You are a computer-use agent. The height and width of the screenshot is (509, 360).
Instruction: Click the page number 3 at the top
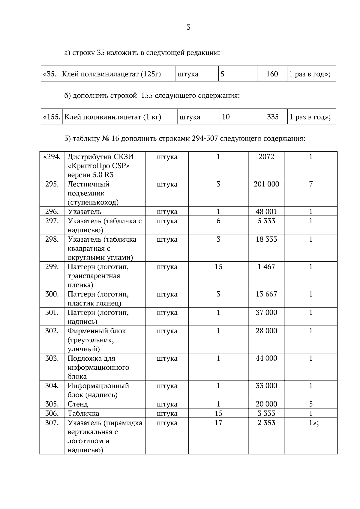coord(188,28)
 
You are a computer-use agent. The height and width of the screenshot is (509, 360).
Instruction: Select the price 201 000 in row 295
coord(266,184)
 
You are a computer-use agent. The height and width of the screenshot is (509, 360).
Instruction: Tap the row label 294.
coord(52,157)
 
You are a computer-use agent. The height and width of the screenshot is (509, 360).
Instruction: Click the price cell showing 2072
coord(266,157)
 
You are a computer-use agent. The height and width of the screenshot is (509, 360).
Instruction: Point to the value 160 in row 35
coord(272,74)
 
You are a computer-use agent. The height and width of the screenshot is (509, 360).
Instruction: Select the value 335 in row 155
coord(273,117)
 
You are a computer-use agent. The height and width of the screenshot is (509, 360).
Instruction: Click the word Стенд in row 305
coord(78,404)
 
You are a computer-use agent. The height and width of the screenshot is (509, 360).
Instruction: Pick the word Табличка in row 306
coord(83,413)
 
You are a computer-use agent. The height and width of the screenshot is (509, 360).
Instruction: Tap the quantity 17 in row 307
coord(218,423)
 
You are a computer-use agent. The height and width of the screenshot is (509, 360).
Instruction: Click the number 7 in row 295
coord(311,184)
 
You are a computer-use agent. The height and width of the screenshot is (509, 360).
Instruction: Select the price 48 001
coord(266,212)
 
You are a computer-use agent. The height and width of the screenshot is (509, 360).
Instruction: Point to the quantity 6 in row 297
coord(218,221)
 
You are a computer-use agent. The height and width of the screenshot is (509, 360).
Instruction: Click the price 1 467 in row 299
coord(266,267)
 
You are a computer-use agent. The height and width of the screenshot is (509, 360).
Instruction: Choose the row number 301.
coord(52,313)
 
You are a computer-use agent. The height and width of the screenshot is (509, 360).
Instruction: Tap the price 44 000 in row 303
coord(266,359)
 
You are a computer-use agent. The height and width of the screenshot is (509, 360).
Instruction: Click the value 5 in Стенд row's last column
coord(311,404)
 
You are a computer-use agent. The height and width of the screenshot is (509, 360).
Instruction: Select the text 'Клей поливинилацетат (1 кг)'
coord(113,117)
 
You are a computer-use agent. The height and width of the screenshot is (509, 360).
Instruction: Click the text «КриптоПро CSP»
coord(100,166)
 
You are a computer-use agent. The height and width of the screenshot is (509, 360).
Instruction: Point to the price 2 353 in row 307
coord(266,423)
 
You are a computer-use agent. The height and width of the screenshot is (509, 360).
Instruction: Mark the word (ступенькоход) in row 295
coord(93,202)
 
